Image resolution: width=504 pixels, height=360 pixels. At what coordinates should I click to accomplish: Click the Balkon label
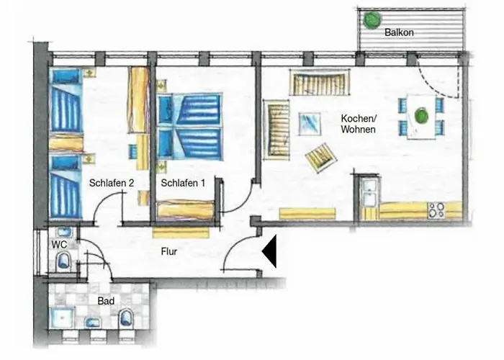pos(399,32)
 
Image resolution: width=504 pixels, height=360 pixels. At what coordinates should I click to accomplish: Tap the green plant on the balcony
pos(372,20)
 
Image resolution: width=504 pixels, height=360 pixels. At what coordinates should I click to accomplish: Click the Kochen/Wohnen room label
pos(359,124)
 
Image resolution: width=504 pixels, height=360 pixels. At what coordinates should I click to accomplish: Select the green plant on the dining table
pos(421,116)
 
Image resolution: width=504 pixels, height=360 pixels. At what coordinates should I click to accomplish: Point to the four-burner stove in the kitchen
pos(436,210)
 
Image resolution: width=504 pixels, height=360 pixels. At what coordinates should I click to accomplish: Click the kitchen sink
pos(369,192)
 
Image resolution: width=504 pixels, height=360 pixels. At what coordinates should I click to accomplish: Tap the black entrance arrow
pos(269,251)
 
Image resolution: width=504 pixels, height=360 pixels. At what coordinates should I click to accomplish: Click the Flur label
pos(169,251)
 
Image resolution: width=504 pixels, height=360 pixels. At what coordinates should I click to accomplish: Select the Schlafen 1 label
pos(183,183)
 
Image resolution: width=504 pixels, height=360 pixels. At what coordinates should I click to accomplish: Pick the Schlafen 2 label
pos(111,183)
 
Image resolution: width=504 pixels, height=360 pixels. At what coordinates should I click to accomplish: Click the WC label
pos(59,245)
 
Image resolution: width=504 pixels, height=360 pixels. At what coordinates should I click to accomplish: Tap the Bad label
pos(106,301)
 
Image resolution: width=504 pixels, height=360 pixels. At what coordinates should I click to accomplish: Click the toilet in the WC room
pos(63,261)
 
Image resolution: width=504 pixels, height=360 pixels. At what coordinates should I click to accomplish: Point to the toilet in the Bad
pos(126,318)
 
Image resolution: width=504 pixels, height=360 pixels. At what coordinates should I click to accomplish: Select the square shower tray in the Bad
pos(63,318)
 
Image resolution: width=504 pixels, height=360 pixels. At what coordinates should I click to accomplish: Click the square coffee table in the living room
pos(309,124)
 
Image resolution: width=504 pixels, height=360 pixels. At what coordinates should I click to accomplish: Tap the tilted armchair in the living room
pos(321,158)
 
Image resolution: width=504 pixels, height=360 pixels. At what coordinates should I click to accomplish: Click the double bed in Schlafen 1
pos(189,127)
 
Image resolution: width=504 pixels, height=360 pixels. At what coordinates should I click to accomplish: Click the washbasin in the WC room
pos(64,232)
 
